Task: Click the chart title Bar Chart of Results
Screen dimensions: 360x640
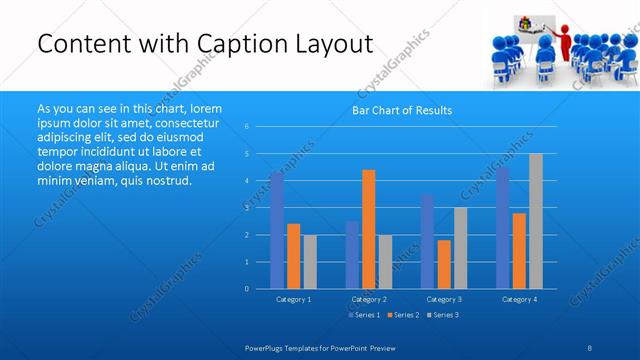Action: click(401, 110)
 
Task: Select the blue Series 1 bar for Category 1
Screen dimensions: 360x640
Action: click(277, 230)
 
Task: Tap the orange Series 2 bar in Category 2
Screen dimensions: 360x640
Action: click(369, 229)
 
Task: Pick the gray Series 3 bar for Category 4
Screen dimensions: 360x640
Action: click(536, 221)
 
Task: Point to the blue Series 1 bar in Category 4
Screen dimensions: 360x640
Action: click(503, 228)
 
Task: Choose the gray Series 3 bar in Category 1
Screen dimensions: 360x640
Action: click(310, 261)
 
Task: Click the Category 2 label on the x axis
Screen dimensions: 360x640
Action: click(369, 299)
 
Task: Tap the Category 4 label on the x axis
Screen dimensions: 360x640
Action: click(519, 299)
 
